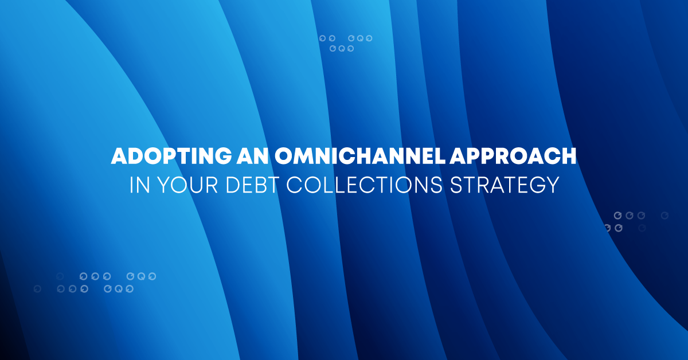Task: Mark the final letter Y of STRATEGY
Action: (x=552, y=185)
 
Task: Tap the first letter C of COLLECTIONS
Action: (x=287, y=185)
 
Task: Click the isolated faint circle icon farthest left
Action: (x=37, y=289)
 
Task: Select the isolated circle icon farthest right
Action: (x=664, y=216)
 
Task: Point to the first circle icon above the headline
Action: (x=323, y=38)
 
